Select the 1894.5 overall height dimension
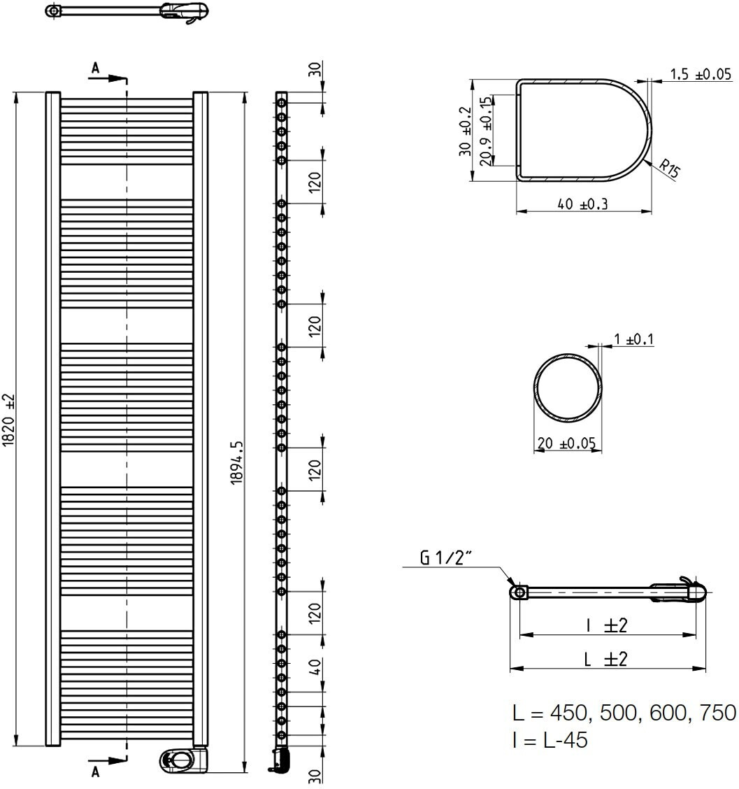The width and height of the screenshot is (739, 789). [x=237, y=462]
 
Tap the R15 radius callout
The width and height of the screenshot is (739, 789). [x=670, y=168]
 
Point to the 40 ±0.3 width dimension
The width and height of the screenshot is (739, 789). [x=583, y=204]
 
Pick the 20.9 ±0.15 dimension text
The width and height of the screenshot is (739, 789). [x=485, y=131]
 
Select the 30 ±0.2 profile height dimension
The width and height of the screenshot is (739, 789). [x=466, y=131]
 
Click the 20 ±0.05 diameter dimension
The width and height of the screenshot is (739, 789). [x=566, y=443]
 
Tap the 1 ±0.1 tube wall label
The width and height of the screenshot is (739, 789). [x=634, y=340]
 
